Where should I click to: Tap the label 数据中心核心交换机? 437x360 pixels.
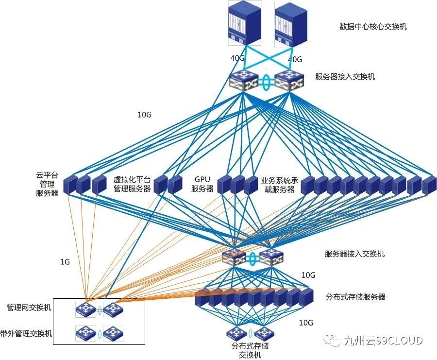(373, 26)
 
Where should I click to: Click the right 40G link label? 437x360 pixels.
(295, 60)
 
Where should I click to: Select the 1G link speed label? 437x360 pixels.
(65, 262)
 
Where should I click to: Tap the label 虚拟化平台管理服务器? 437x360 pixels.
(132, 184)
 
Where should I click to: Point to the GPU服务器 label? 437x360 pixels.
(202, 184)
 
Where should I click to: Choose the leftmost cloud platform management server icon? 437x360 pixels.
(70, 184)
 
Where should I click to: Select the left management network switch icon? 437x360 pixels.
(86, 309)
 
